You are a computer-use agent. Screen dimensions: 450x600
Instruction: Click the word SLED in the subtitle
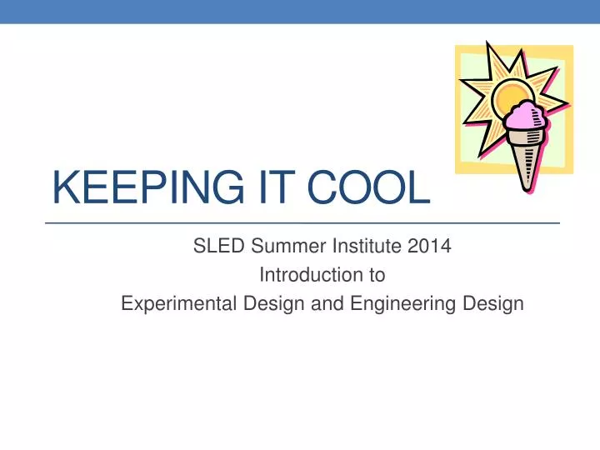214,246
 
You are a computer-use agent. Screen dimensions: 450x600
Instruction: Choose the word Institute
363,246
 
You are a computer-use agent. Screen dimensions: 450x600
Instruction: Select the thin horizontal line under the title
300,223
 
